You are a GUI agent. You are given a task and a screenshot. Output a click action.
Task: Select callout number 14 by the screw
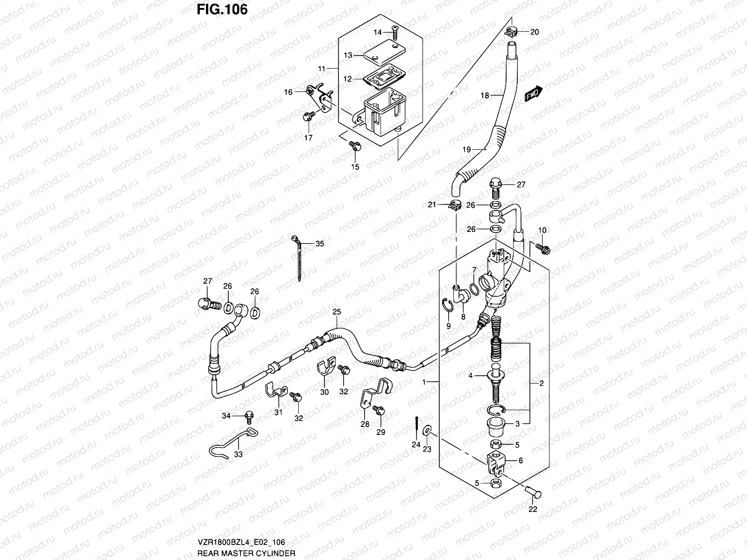(x=378, y=32)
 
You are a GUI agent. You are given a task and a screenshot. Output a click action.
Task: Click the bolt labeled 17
(x=308, y=117)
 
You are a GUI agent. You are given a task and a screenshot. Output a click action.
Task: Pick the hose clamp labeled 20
(x=512, y=32)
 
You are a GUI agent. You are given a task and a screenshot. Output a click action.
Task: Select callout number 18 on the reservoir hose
(x=485, y=96)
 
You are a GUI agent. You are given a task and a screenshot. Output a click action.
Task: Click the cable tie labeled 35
(x=297, y=261)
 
